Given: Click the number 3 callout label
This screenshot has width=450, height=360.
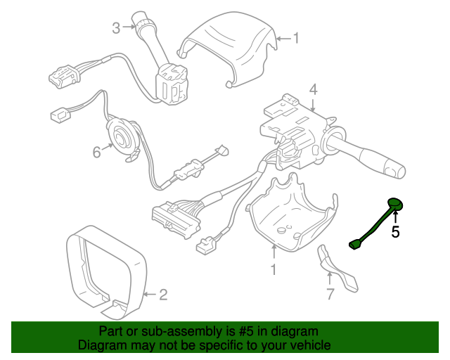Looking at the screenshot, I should [x=117, y=28].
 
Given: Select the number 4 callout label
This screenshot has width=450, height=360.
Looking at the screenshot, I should [x=313, y=89].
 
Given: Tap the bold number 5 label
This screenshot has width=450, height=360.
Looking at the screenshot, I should [x=395, y=231].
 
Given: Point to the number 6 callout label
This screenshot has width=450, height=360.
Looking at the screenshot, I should [x=96, y=150].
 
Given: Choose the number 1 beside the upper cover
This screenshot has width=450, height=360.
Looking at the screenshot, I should [x=295, y=38].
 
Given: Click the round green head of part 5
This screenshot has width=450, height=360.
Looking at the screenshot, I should [x=396, y=205].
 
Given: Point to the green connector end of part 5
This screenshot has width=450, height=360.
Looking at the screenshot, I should [x=355, y=244].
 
